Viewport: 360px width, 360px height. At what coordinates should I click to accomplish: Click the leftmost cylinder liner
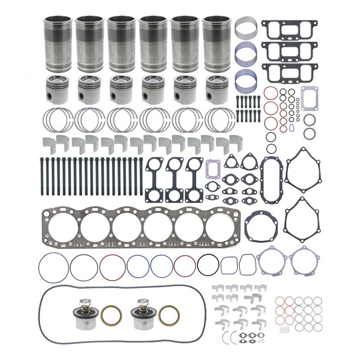(58, 44)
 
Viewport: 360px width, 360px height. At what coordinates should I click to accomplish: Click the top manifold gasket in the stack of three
(289, 29)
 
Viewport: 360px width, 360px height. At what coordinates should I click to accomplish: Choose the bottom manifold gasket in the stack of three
(289, 72)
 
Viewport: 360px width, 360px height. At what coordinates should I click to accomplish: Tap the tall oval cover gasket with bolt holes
(272, 179)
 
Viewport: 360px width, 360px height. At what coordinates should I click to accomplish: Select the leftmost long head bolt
(41, 176)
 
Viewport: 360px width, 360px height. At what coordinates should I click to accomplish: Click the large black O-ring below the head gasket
(208, 265)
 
